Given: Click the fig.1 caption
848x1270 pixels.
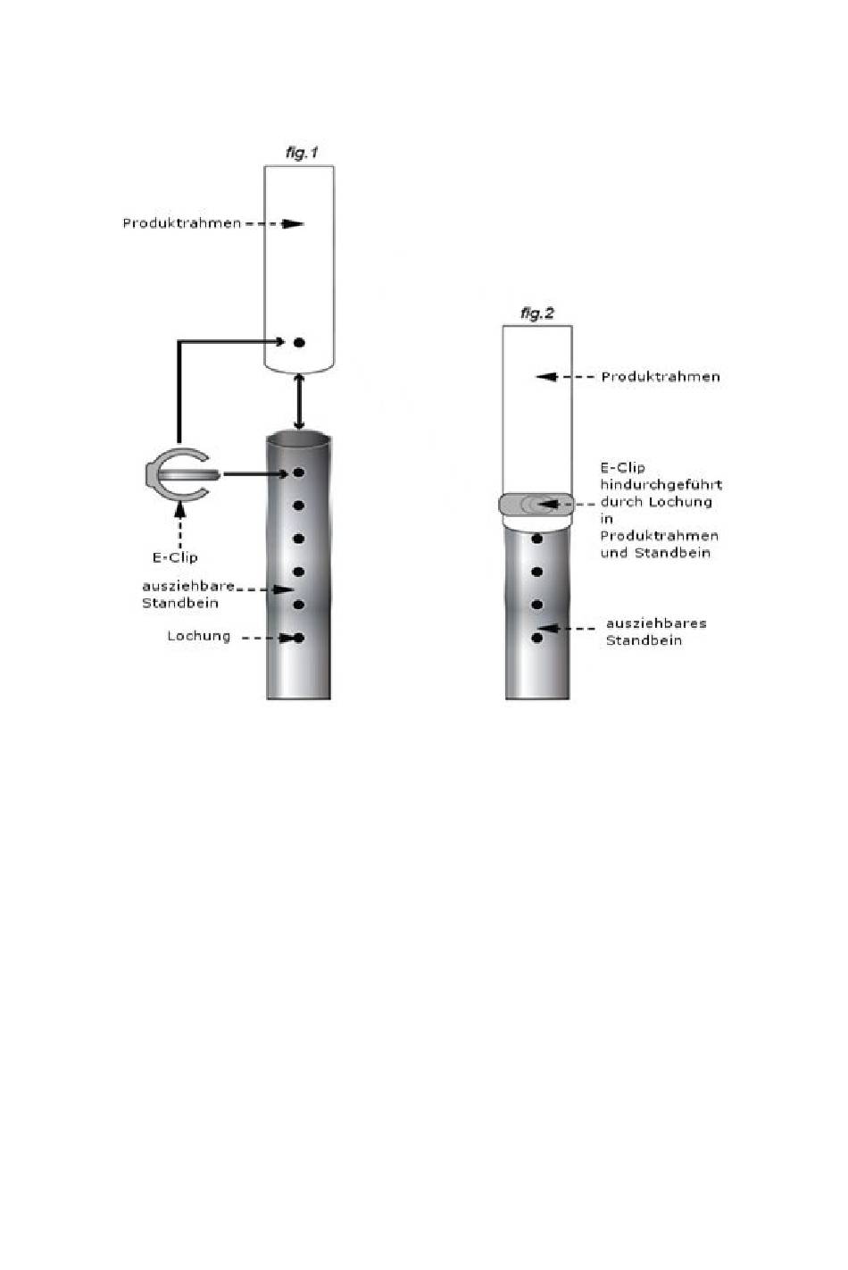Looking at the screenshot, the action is [302, 153].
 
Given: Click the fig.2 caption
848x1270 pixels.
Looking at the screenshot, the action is [536, 313].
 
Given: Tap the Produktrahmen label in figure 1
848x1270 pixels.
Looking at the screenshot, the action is [182, 222].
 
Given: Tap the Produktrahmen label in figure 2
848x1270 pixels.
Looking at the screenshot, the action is [661, 376].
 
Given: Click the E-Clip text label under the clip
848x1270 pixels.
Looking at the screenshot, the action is [175, 557].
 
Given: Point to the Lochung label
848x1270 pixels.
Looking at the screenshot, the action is [199, 636].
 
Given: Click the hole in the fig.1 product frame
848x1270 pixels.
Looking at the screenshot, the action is [299, 342].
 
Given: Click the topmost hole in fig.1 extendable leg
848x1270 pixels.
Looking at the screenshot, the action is [299, 472].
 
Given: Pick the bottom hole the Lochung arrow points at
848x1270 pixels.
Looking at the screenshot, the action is [299, 638].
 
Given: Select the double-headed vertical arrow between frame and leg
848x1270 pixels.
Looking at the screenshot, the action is [299, 404].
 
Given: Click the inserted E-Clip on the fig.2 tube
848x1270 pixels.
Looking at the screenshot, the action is [536, 505].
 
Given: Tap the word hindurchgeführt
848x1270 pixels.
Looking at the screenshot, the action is [661, 484].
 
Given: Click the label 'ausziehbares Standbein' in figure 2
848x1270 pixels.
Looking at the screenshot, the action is [656, 631].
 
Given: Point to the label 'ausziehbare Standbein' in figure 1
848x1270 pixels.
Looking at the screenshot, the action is [187, 594].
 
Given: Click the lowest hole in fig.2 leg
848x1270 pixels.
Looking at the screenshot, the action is [537, 638].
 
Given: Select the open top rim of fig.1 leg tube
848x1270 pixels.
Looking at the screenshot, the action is [299, 439].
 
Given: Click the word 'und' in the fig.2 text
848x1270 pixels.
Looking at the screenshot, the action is [613, 553].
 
